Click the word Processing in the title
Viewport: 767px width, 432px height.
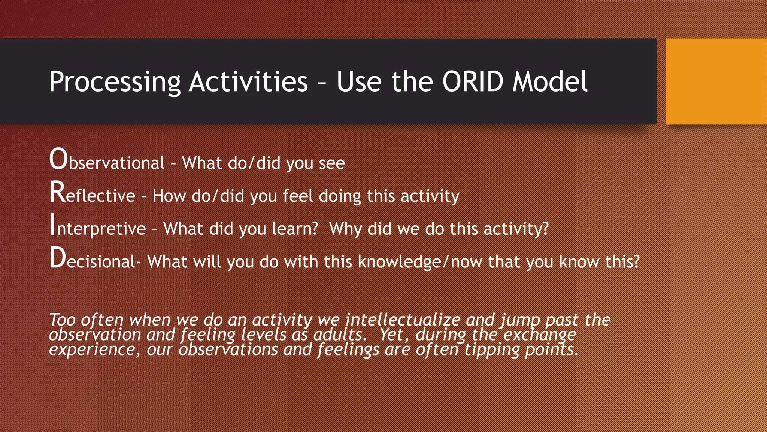115,82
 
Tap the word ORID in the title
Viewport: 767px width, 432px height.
473,82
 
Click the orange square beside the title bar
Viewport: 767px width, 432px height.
716,81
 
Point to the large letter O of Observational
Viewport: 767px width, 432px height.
58,160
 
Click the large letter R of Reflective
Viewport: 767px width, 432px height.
57,193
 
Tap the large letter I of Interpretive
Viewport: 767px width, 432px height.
53,225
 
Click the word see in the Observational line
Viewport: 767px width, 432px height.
331,163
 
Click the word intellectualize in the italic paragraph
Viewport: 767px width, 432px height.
403,320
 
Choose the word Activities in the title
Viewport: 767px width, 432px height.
248,82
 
